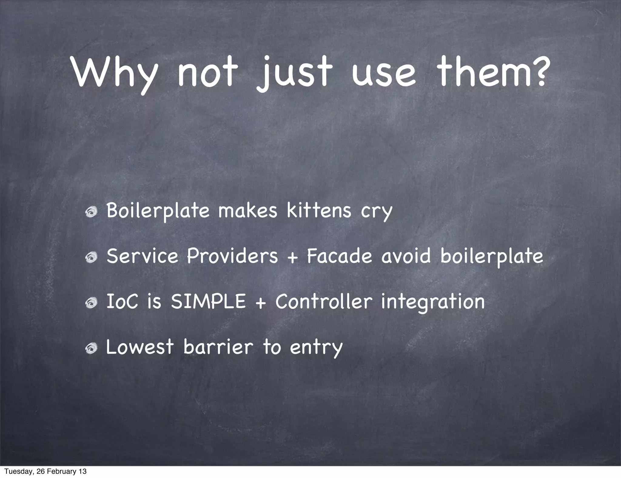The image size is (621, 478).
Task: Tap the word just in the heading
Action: coord(293,74)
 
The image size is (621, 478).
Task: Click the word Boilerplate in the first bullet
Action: coord(158,211)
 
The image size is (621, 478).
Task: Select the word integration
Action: coord(433,303)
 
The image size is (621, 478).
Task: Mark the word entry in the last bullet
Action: coord(316,348)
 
